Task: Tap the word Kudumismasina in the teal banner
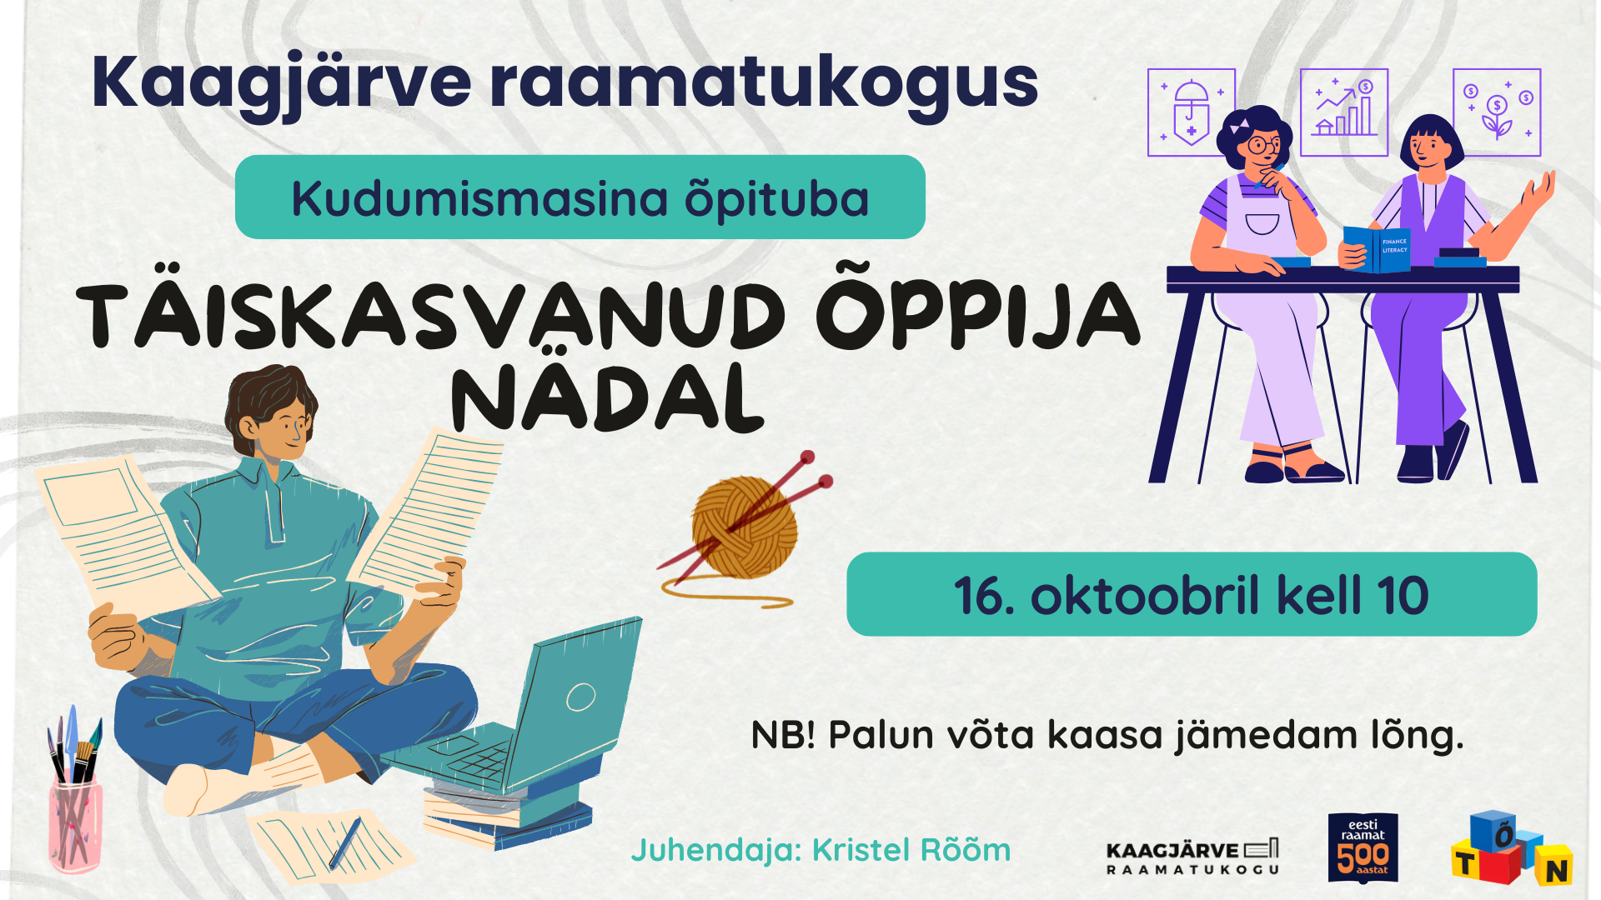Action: tap(479, 200)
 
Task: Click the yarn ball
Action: tap(744, 527)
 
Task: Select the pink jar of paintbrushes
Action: tap(75, 821)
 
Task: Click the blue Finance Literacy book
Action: tap(1377, 248)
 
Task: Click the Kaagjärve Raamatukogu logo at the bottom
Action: tap(1192, 857)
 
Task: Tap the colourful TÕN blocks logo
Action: tap(1512, 848)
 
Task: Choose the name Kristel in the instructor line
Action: tap(863, 850)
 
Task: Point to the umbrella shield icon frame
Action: tap(1192, 112)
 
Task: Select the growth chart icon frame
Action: tap(1344, 112)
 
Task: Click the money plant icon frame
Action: tap(1497, 112)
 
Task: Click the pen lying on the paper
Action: tap(345, 842)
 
